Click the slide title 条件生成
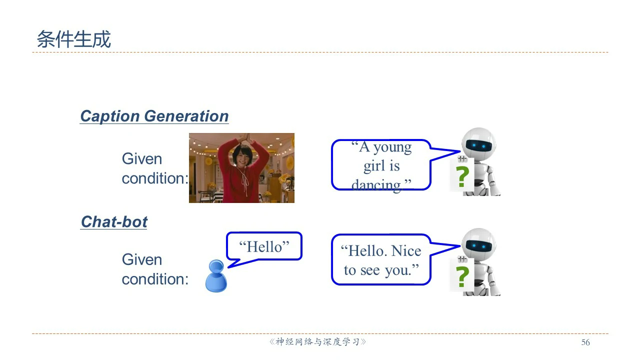point(73,39)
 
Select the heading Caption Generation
point(154,116)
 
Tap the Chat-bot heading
point(114,221)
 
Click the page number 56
point(585,342)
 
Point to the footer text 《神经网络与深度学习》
point(317,341)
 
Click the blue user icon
point(216,275)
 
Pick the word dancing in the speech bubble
point(376,185)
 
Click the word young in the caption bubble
point(392,147)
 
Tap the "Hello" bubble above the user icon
point(264,246)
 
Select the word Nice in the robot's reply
point(406,251)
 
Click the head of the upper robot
point(479,143)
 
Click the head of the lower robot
point(479,243)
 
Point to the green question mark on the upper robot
point(462,176)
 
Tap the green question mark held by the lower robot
point(462,276)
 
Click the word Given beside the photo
point(141,158)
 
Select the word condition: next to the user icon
point(155,279)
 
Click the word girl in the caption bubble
point(373,166)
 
